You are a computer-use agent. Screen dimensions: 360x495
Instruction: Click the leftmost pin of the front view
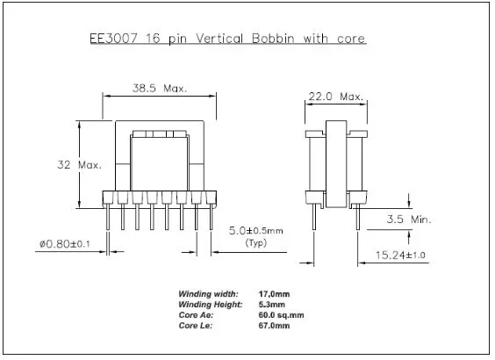click(109, 220)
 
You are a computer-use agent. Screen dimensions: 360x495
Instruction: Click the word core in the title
click(348, 39)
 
